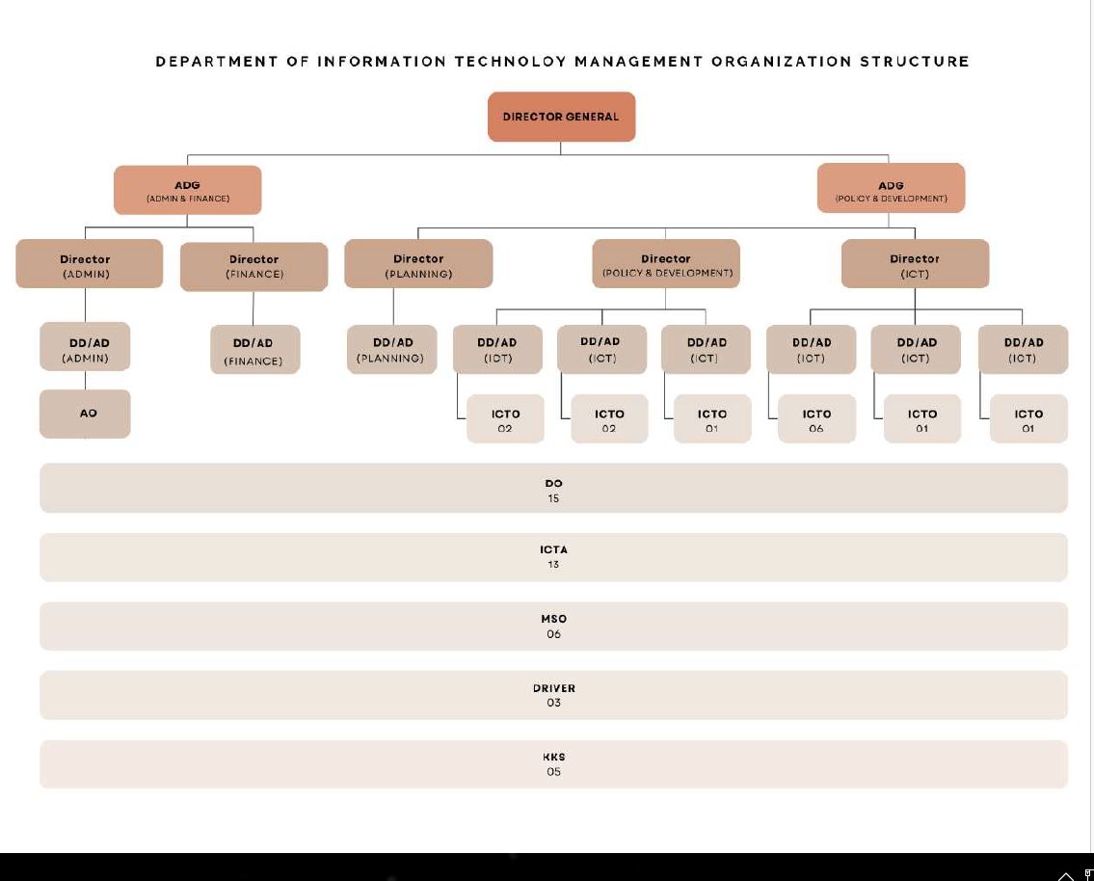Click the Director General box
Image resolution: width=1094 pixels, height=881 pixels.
561,117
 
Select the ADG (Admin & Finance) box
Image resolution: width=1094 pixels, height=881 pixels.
188,190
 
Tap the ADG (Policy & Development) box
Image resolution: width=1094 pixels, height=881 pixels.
891,189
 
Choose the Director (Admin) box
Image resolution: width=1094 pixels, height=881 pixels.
86,265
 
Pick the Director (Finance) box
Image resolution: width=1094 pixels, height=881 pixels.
254,266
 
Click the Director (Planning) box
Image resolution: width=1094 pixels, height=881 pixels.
418,265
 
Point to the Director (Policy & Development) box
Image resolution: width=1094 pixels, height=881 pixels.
666,265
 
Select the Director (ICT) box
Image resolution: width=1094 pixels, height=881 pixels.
915,265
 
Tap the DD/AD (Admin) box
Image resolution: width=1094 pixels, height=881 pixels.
86,349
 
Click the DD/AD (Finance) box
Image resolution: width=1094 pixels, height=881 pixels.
253,351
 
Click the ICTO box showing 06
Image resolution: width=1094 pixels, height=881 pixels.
816,420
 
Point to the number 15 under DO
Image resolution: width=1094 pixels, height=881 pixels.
553,499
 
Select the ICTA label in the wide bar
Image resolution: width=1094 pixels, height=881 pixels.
553,549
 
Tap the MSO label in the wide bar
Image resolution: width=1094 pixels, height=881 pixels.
553,619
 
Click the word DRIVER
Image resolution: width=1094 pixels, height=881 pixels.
553,688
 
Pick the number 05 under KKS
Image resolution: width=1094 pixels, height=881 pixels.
553,772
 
